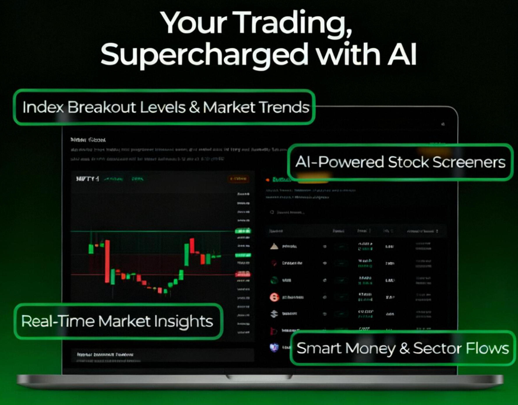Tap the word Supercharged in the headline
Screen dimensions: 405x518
pyautogui.click(x=204, y=54)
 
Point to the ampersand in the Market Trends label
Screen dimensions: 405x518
pyautogui.click(x=194, y=107)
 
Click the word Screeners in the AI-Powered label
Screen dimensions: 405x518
pyautogui.click(x=469, y=162)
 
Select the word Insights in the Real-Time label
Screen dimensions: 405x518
pyautogui.click(x=183, y=321)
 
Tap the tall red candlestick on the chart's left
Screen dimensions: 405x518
pyautogui.click(x=108, y=261)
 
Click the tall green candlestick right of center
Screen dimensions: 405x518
pyautogui.click(x=186, y=255)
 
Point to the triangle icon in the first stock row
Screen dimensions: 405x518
pyautogui.click(x=274, y=246)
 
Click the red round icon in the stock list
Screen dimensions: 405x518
pyautogui.click(x=274, y=297)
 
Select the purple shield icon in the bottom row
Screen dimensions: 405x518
pyautogui.click(x=274, y=347)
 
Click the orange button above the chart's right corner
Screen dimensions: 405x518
pyautogui.click(x=238, y=179)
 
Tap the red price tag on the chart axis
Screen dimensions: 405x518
pyautogui.click(x=242, y=274)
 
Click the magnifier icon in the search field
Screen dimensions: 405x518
pyautogui.click(x=272, y=212)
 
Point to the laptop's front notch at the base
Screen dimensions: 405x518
pyautogui.click(x=259, y=377)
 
